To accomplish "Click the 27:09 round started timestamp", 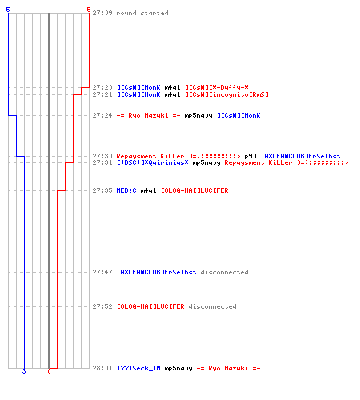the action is click(102, 13).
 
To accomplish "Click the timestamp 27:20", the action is click(102, 87).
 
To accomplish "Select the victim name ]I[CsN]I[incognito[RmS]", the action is click(226, 94).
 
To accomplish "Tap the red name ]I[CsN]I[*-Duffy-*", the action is click(217, 87).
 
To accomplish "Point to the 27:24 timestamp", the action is click(102, 115).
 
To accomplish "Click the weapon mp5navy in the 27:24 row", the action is click(198, 116).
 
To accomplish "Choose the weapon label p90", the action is click(250, 156).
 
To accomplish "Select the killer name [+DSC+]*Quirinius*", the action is click(153, 162).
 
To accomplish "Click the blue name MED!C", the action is click(126, 190).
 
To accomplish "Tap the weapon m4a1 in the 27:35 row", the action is click(148, 190).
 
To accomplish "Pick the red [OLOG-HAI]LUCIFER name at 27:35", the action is click(194, 190).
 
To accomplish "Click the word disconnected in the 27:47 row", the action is click(224, 272).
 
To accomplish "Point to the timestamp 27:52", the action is click(102, 306).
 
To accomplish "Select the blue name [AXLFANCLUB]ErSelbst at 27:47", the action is click(157, 272).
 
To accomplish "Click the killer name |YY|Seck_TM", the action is click(138, 368).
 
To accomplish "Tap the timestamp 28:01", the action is click(102, 368).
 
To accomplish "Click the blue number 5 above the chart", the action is click(8, 10).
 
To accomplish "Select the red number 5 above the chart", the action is click(89, 10).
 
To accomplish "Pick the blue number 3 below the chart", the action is click(24, 371).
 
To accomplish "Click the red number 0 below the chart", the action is click(49, 371).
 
